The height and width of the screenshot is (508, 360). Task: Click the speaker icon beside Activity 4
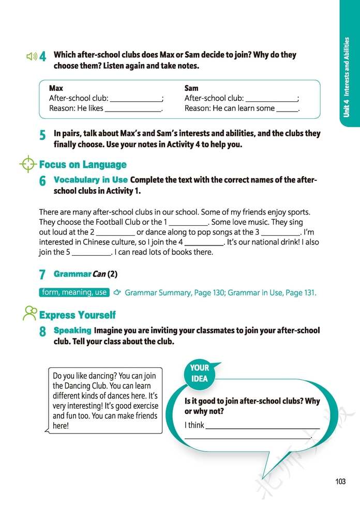pos(32,56)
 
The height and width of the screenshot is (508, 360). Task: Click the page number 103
pos(340,482)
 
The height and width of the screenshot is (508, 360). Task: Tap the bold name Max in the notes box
pos(56,88)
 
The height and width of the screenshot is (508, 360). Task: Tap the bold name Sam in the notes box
pos(191,88)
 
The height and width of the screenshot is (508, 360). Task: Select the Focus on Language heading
pos(83,165)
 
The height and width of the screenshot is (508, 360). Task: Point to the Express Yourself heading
pos(78,315)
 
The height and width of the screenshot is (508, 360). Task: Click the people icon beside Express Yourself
pos(30,313)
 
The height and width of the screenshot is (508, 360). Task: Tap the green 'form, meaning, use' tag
pos(74,293)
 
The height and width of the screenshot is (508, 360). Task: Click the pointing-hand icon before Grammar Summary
pos(117,293)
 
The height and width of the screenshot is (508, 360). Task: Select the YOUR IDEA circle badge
pos(200,373)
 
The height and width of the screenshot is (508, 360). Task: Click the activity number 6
pos(42,181)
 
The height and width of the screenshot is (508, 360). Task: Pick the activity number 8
pos(42,332)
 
